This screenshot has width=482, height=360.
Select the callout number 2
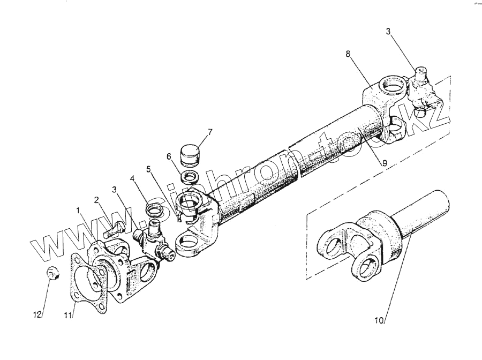click(97, 200)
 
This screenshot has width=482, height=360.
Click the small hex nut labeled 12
click(53, 273)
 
